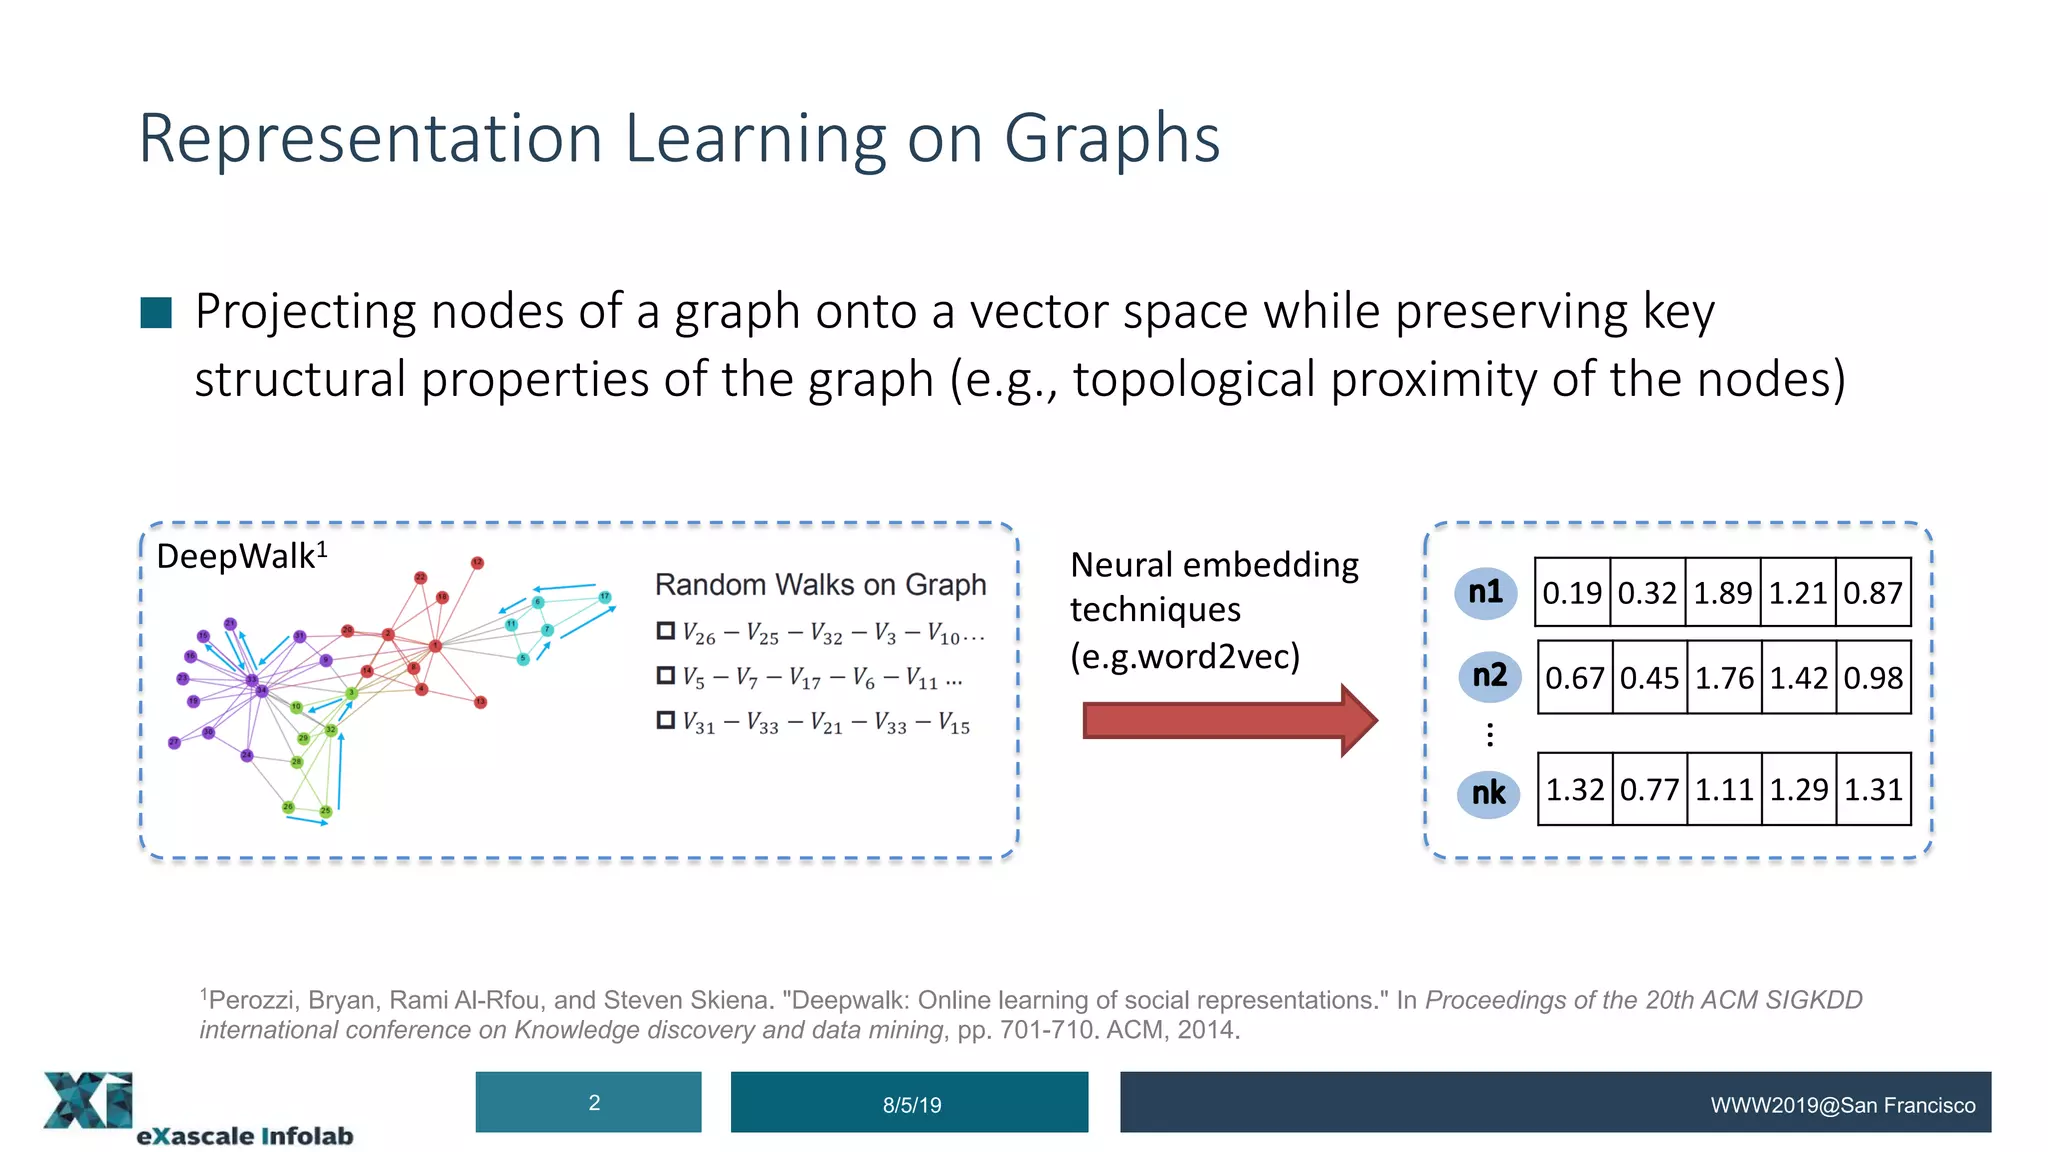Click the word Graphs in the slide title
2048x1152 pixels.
pyautogui.click(x=1111, y=139)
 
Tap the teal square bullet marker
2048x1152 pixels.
pyautogui.click(x=156, y=313)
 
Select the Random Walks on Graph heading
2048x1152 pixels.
pyautogui.click(x=820, y=585)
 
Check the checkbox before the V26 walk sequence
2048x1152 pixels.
pyautogui.click(x=665, y=631)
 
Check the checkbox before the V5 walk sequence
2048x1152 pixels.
pyautogui.click(x=665, y=676)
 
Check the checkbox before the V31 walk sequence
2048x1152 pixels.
pyautogui.click(x=665, y=720)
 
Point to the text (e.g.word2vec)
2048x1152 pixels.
pyautogui.click(x=1185, y=657)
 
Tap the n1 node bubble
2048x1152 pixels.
pyautogui.click(x=1486, y=593)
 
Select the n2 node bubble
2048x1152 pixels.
pyautogui.click(x=1489, y=676)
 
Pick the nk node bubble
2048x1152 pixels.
pyautogui.click(x=1488, y=794)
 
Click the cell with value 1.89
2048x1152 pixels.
pyautogui.click(x=1722, y=593)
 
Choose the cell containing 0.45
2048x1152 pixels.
pyautogui.click(x=1649, y=678)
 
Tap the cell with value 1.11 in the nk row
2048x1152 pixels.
pyautogui.click(x=1724, y=790)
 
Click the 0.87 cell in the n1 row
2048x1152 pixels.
pyautogui.click(x=1873, y=593)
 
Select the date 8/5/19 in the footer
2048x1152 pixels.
pyautogui.click(x=911, y=1105)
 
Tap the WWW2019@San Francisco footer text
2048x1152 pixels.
pyautogui.click(x=1842, y=1105)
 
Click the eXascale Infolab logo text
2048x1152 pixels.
pyautogui.click(x=245, y=1136)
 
